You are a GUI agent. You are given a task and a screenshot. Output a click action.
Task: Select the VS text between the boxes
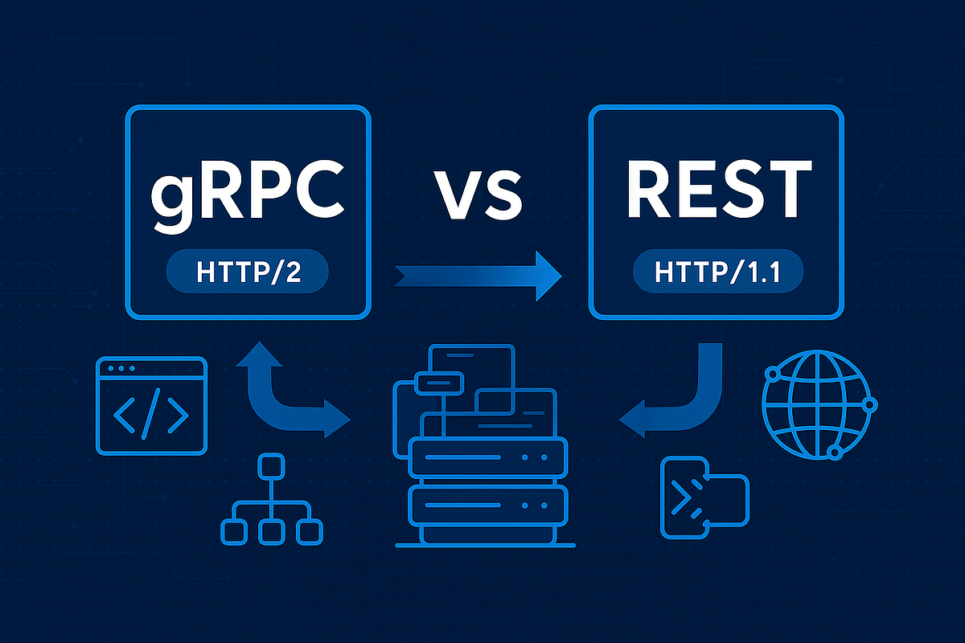pyautogui.click(x=478, y=195)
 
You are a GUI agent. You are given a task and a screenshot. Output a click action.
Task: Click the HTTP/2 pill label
pyautogui.click(x=248, y=272)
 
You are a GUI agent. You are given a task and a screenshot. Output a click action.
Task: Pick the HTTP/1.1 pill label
pyautogui.click(x=717, y=272)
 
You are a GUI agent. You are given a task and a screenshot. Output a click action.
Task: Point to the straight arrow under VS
pyautogui.click(x=478, y=276)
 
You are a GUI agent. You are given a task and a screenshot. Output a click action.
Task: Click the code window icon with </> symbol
pyautogui.click(x=151, y=406)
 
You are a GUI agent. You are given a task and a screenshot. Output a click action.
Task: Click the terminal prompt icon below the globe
pyautogui.click(x=704, y=498)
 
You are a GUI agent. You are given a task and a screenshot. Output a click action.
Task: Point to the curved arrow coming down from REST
pyautogui.click(x=671, y=390)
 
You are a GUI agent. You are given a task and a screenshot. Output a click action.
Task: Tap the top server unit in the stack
pyautogui.click(x=487, y=457)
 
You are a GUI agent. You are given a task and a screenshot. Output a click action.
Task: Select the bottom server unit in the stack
pyautogui.click(x=487, y=506)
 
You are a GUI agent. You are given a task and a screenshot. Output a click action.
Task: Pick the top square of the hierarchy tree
pyautogui.click(x=271, y=466)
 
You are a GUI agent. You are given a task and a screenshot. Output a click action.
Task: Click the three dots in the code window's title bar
pyautogui.click(x=121, y=369)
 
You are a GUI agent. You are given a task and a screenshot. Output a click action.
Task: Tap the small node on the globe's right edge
pyautogui.click(x=870, y=405)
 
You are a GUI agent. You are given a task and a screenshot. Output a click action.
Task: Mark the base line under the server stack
pyautogui.click(x=485, y=545)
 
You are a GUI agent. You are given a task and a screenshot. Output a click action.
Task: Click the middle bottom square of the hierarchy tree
pyautogui.click(x=272, y=532)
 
